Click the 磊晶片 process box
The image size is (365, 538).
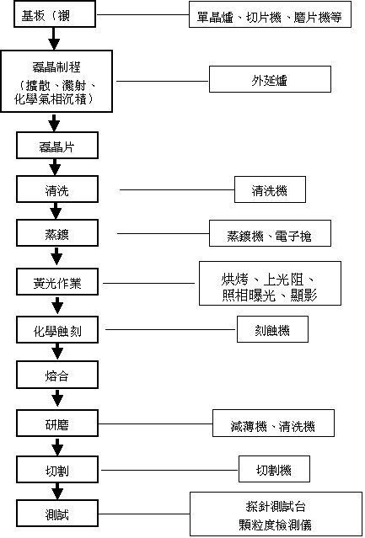point(57,145)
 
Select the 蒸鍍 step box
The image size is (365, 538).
point(57,233)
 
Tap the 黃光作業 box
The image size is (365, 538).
point(57,281)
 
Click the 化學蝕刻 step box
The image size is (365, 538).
point(57,330)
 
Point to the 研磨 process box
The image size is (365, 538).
point(57,424)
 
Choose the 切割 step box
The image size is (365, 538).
point(57,469)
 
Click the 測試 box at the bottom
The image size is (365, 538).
point(57,514)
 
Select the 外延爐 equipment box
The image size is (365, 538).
point(270,79)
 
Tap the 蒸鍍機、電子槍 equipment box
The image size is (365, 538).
point(270,233)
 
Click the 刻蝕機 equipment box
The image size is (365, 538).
point(272,329)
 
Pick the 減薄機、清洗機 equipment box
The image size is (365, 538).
point(273,423)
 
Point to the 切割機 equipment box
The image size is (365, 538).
point(274,469)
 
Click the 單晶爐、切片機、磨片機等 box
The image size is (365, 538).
point(270,14)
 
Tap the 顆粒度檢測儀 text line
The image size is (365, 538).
point(276,525)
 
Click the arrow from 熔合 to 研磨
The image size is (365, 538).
point(57,399)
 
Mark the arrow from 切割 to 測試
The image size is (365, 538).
point(57,492)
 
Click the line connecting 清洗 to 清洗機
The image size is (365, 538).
point(177,189)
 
